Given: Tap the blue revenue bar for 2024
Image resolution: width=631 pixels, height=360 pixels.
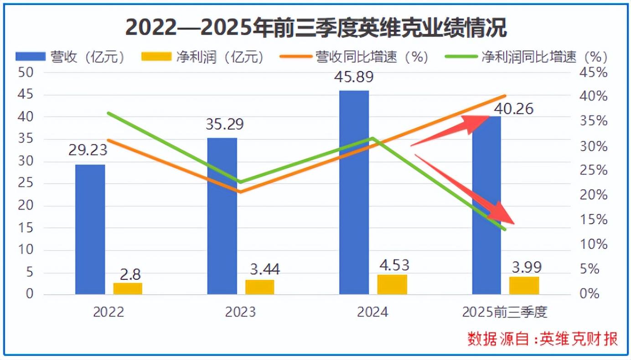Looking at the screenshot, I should tap(354, 192).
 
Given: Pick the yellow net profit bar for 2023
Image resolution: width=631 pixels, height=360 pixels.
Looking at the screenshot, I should tap(260, 287).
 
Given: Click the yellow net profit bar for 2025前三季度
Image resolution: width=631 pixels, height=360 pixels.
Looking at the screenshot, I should tap(524, 285).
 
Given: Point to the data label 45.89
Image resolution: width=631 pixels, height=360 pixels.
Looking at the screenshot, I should tap(354, 77).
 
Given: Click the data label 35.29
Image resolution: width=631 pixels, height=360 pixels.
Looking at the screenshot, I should tap(224, 124).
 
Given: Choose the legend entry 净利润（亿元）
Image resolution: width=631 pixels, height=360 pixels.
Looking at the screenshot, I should tap(203, 57).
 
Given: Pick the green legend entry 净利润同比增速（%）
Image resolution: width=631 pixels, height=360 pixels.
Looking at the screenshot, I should tap(527, 57).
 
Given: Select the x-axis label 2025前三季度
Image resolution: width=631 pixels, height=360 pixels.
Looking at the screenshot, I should tap(504, 312).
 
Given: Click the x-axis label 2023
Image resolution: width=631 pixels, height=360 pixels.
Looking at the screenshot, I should tap(240, 312).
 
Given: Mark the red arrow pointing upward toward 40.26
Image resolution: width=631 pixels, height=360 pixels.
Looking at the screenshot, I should tap(451, 131).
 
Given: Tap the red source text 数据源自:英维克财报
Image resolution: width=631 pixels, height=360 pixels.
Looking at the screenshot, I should tap(543, 339).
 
